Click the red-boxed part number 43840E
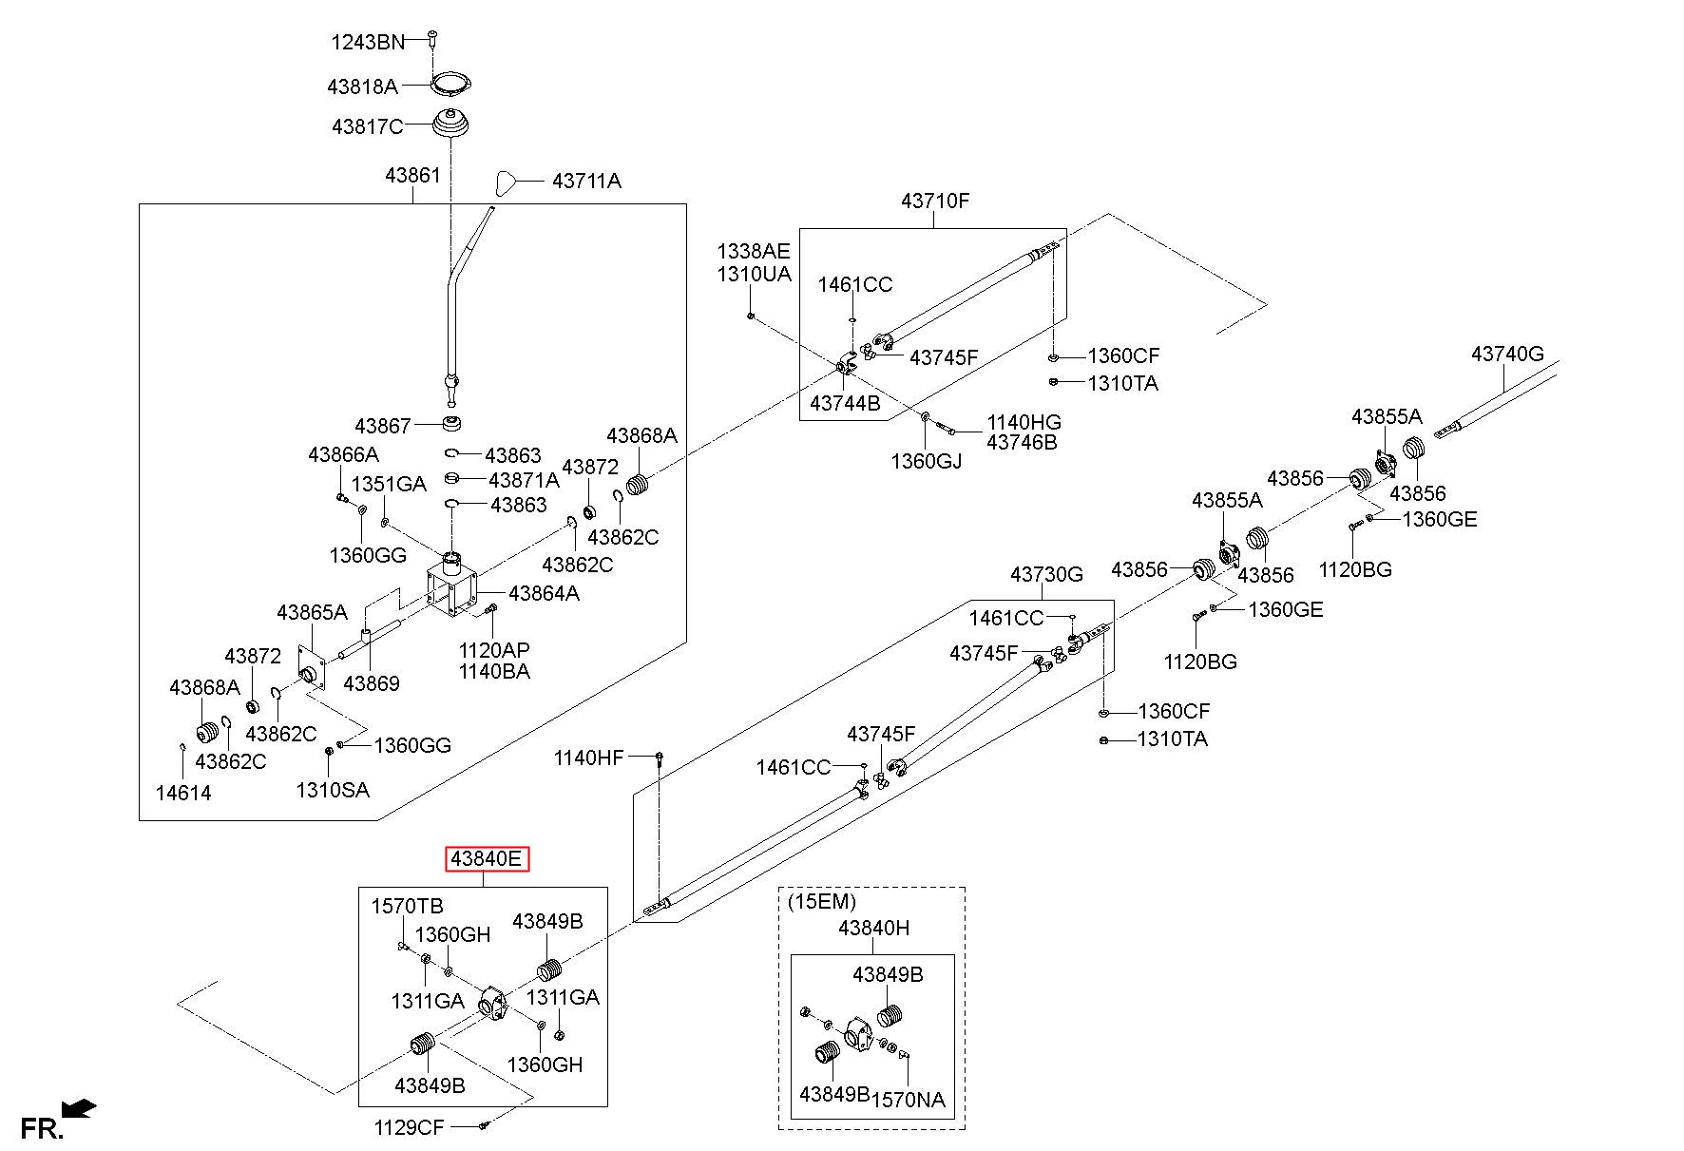[488, 859]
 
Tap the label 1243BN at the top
[367, 42]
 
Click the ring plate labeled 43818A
[451, 85]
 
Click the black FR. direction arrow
[78, 1107]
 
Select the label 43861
[412, 176]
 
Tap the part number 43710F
[935, 201]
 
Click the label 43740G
[1507, 354]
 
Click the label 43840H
[873, 928]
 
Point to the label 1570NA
[909, 1100]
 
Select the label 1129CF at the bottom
[409, 1127]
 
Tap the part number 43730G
[1046, 574]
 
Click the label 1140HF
[589, 758]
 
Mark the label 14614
[183, 793]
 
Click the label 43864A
[544, 593]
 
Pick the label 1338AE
[754, 251]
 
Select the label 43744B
[845, 403]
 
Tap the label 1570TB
[407, 906]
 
